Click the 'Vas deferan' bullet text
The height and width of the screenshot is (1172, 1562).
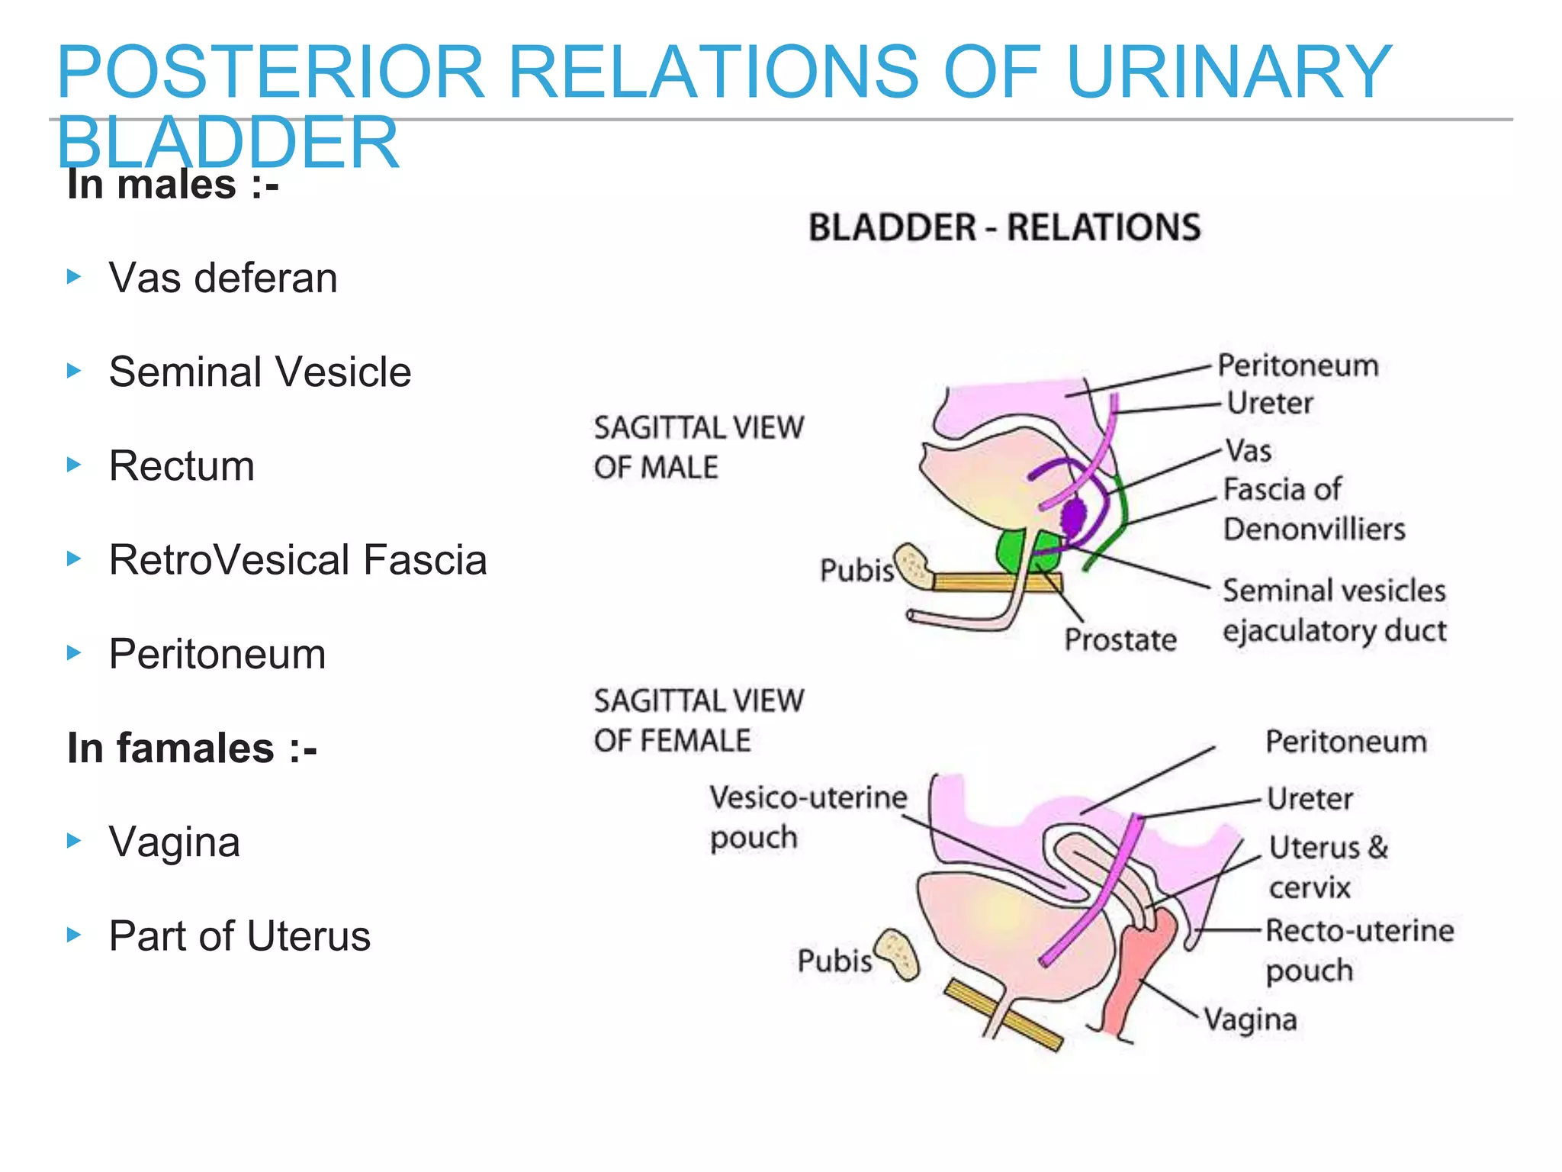pos(223,278)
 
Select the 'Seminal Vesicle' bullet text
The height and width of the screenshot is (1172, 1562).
pos(259,372)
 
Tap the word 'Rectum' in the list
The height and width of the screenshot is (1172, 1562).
pos(182,466)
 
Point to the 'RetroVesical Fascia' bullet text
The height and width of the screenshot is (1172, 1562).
pos(297,560)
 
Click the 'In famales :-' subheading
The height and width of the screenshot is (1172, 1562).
pos(192,748)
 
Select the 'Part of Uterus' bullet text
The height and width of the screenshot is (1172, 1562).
pos(239,936)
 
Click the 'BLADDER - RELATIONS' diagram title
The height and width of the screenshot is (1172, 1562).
pos(1004,227)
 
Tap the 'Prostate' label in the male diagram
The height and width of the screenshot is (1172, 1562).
pos(1120,639)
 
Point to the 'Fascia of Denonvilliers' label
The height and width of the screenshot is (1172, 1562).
pos(1313,509)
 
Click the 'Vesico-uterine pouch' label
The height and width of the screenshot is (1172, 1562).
pos(807,817)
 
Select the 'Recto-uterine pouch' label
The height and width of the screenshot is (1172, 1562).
pos(1359,950)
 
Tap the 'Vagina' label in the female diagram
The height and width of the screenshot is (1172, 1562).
pos(1250,1019)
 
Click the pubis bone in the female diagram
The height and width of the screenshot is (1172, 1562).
pos(898,955)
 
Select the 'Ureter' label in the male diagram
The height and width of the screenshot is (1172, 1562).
pos(1270,403)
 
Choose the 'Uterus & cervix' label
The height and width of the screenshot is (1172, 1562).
pos(1328,867)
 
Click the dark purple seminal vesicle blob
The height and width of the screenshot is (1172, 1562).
pos(1074,517)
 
